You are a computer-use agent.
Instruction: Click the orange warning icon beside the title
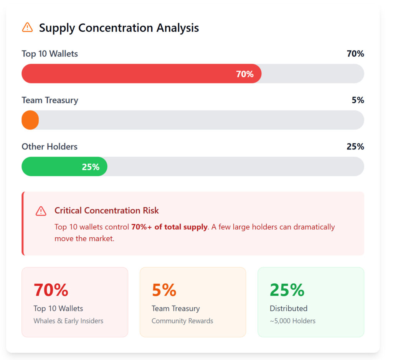coord(28,27)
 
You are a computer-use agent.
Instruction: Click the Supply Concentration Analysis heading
coord(119,28)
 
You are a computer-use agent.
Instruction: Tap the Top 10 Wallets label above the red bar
coord(50,54)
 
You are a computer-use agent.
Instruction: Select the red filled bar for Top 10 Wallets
coord(127,74)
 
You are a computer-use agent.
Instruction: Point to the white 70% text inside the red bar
coord(244,74)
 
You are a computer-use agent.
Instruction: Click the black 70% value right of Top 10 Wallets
coord(355,54)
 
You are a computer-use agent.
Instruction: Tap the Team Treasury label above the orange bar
coord(50,100)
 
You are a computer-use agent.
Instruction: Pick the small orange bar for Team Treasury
coord(30,120)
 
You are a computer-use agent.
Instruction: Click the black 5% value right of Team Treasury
coord(358,100)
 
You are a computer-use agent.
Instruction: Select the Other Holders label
coord(49,146)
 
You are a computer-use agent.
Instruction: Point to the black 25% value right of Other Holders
coord(355,146)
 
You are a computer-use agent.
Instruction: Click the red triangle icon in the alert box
coord(41,211)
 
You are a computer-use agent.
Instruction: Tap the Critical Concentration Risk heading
coord(106,210)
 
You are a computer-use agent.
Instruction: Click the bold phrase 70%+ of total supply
coord(169,227)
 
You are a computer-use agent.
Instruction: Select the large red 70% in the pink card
coord(51,290)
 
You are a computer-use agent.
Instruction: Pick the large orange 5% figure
coord(164,290)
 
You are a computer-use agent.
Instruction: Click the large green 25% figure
coord(287,290)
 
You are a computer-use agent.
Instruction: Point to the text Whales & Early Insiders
coord(68,321)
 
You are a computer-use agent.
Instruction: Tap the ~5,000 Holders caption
coord(292,321)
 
